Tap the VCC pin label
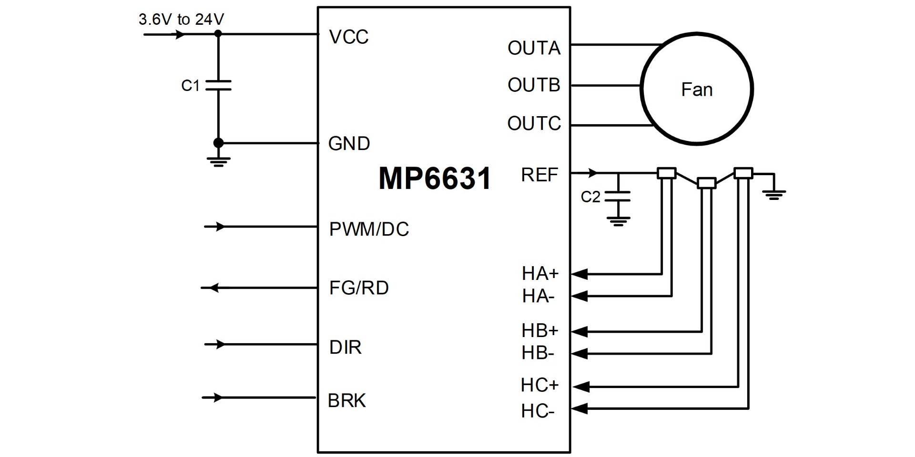click(348, 37)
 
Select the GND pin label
click(349, 144)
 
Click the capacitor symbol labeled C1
click(218, 86)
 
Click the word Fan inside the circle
click(697, 90)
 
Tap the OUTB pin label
click(534, 85)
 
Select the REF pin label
click(539, 175)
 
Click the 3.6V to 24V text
click(181, 20)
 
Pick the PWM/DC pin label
click(369, 229)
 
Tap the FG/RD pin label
click(359, 288)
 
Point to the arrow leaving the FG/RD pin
click(213, 288)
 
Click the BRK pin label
click(346, 401)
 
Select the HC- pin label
click(538, 411)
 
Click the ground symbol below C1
click(218, 161)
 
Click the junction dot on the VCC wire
click(218, 34)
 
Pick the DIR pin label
click(345, 348)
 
